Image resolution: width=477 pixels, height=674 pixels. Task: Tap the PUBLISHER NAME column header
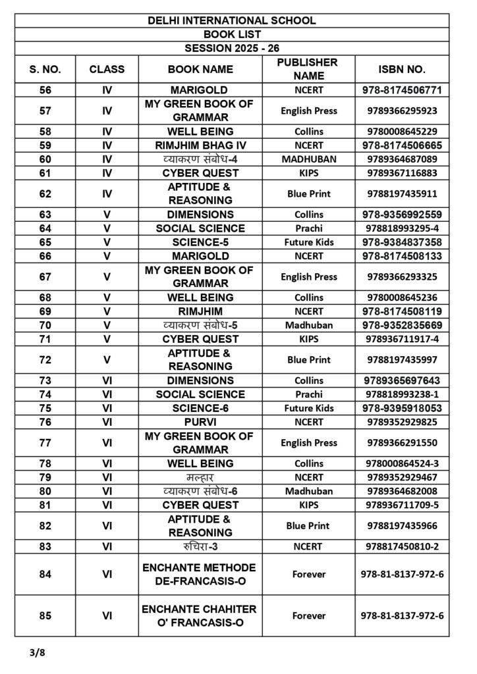(x=308, y=68)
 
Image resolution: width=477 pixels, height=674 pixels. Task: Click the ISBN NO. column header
(x=402, y=68)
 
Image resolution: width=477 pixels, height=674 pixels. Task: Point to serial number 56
(x=45, y=90)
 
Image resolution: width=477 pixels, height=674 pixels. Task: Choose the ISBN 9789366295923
(x=402, y=111)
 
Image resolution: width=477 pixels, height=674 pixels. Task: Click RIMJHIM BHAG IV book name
(x=200, y=145)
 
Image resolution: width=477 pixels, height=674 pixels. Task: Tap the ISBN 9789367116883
(x=402, y=172)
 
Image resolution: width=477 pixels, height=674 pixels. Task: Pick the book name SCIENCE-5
(x=200, y=242)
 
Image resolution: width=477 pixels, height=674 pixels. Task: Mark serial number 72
(x=45, y=359)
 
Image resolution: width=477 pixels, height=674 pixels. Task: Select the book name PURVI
(x=200, y=422)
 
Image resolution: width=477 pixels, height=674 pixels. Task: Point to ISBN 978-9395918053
(x=402, y=408)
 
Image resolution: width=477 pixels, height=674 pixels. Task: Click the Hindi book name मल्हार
(x=200, y=477)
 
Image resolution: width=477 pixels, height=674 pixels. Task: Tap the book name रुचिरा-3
(x=200, y=546)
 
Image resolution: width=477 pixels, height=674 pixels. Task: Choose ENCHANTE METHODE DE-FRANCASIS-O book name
(x=200, y=574)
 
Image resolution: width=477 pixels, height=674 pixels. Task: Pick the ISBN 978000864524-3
(x=402, y=463)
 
